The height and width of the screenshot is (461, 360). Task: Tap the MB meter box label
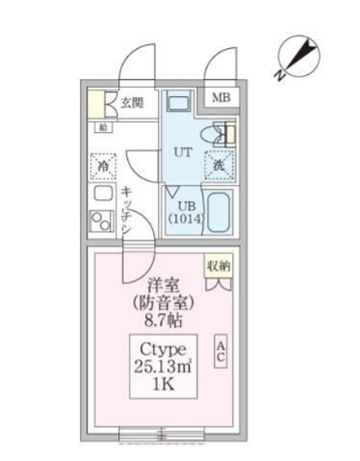221,98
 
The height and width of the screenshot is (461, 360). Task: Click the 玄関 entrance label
132,102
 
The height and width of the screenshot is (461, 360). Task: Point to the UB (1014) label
186,212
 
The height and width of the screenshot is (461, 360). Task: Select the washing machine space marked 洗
219,165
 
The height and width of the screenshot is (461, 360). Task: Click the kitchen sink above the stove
102,193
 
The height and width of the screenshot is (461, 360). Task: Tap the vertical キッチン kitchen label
127,207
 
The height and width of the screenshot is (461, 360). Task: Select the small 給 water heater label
102,125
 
